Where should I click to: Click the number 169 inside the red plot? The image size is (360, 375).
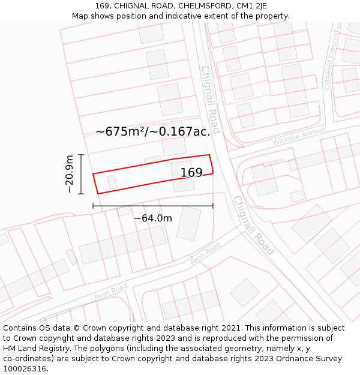191,173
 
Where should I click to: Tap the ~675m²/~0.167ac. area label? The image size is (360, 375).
152,131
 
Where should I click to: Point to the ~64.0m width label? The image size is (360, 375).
152,218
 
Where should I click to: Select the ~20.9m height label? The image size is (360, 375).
70,174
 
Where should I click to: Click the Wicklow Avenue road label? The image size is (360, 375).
298,136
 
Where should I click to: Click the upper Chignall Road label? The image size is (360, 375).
210,99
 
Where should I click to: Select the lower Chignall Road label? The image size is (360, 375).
253,225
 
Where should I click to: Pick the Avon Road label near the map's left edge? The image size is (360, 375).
110,292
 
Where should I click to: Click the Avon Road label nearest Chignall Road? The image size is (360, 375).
205,253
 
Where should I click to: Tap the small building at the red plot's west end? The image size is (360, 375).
112,181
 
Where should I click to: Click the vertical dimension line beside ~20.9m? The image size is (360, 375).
81,174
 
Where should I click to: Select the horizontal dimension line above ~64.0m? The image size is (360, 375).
152,206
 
